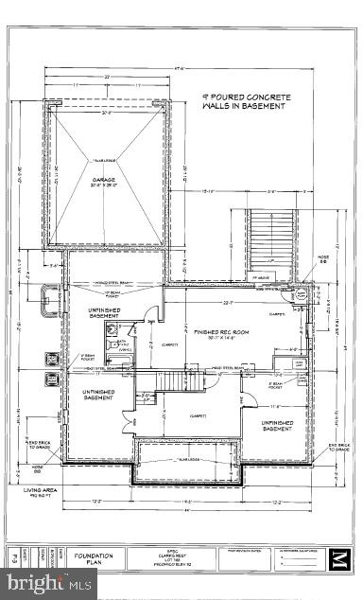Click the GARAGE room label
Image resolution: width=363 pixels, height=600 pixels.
click(x=103, y=179)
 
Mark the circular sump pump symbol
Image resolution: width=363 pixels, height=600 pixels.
click(x=301, y=295)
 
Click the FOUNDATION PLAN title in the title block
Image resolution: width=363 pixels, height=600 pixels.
click(x=95, y=559)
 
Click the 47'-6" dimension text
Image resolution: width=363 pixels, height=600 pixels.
click(x=185, y=66)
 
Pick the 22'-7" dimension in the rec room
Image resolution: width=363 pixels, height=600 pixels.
click(x=228, y=304)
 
